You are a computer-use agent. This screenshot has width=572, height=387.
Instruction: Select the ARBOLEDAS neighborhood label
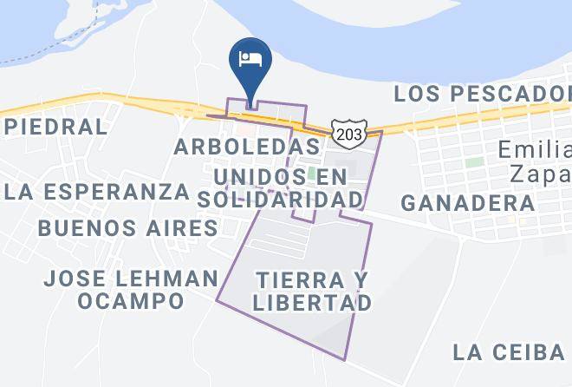pos(247,146)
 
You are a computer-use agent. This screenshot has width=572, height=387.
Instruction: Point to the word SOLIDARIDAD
pos(279,199)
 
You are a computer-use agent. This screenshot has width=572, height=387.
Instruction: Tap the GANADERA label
pos(468,203)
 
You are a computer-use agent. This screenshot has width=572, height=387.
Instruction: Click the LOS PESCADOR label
pos(482,93)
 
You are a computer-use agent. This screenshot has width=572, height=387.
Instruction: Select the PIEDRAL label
pos(55,127)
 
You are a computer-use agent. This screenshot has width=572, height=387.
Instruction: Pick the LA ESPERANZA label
pos(95,192)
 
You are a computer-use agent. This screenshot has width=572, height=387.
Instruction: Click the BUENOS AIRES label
pos(128,228)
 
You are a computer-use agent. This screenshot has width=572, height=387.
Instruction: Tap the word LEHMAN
pos(168,279)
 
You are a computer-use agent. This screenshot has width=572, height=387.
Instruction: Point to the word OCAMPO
pos(130,301)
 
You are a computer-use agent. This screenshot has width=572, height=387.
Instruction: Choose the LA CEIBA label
pos(509,351)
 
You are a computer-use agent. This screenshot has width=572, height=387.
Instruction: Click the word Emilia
pos(534,150)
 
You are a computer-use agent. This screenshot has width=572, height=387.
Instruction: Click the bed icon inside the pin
pos(250,58)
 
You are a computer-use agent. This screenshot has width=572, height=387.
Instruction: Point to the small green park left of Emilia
pos(473,162)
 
